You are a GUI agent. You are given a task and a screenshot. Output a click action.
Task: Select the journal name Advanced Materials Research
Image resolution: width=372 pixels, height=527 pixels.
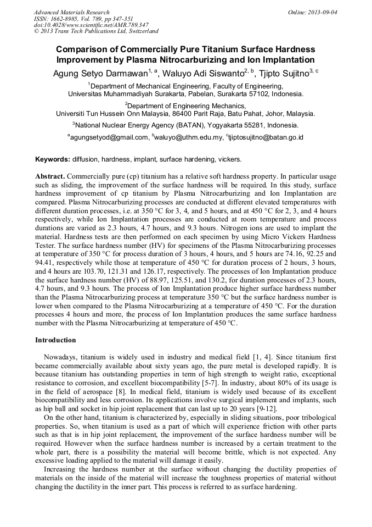pos(71,12)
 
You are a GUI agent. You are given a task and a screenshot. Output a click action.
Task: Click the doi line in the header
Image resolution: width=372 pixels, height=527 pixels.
pos(91,25)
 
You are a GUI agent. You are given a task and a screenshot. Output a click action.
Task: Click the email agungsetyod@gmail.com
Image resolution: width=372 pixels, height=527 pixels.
pos(109,137)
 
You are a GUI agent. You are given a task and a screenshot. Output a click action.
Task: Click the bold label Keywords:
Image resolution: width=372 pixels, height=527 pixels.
pos(53,159)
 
